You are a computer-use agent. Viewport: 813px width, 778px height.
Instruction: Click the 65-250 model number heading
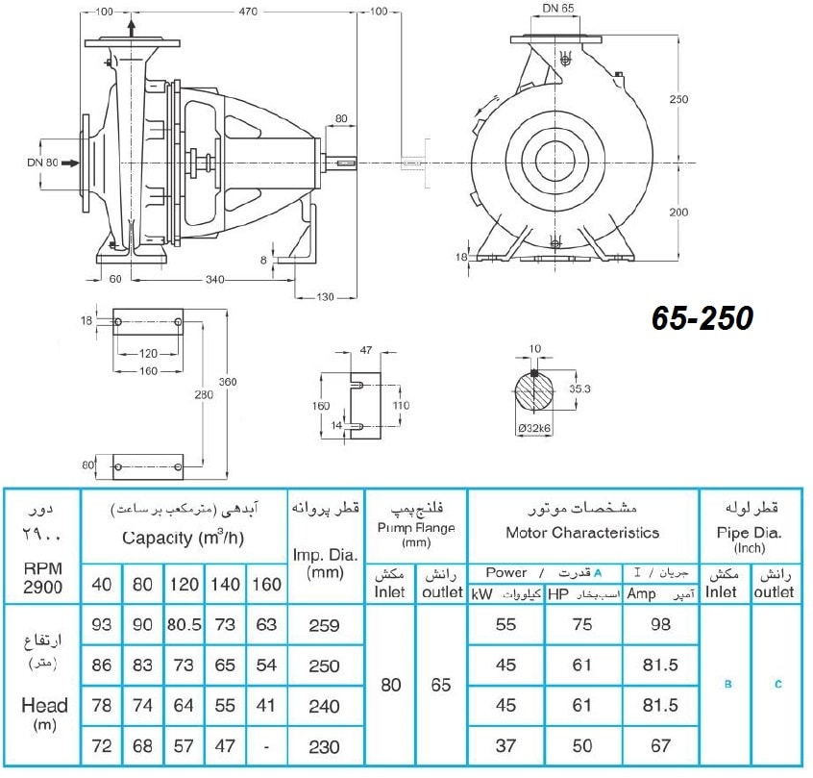tap(702, 317)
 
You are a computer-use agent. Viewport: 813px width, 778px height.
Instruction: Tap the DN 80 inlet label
tap(42, 163)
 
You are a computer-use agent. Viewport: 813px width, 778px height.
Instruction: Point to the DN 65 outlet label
tap(558, 9)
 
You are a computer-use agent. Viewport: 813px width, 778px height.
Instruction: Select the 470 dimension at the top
tap(248, 12)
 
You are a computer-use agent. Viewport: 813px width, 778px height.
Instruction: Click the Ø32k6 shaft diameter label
tap(534, 428)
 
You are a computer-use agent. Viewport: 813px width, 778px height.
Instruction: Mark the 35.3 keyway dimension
tap(579, 389)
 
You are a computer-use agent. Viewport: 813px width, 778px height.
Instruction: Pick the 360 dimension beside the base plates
tap(228, 382)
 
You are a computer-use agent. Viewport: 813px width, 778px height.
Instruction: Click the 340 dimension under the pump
tap(214, 280)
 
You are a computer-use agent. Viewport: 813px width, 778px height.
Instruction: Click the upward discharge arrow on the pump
tap(132, 29)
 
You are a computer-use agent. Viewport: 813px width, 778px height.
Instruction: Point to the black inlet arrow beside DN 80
tap(70, 163)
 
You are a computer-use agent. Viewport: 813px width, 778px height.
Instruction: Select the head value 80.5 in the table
tap(185, 624)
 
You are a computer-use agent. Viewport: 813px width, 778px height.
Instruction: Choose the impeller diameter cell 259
tap(324, 625)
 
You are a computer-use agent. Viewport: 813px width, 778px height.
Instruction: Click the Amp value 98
tap(660, 624)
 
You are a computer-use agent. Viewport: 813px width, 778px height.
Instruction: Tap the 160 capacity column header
tap(266, 585)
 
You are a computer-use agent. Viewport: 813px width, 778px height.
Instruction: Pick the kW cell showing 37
tap(505, 746)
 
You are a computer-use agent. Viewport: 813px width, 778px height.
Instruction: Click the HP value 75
tap(582, 624)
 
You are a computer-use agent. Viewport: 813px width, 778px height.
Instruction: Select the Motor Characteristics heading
tap(582, 533)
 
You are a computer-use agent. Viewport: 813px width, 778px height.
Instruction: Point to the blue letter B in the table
tap(728, 684)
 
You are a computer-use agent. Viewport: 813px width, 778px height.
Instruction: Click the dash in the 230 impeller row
tap(266, 747)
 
